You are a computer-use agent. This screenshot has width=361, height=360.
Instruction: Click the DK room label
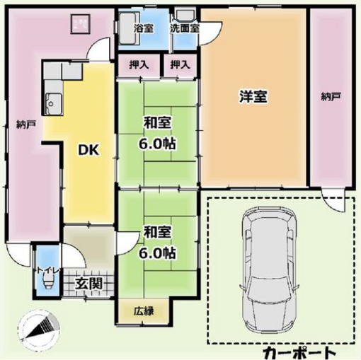coord(89,149)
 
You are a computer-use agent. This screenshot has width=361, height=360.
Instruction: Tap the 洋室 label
coord(253,96)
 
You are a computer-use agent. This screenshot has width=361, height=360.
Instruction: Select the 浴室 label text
coord(144,28)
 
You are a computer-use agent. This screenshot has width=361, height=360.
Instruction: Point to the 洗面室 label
coord(185,28)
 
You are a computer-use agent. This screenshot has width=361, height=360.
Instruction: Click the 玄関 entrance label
coord(88,283)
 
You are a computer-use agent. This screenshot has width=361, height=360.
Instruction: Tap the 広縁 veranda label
coord(144,311)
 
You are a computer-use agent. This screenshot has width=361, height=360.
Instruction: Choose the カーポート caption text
coord(299,353)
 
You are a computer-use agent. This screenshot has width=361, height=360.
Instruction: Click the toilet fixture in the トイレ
coord(48,281)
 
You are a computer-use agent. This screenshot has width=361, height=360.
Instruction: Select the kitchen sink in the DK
coord(54,103)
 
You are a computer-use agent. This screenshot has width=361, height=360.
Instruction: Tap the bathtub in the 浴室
coord(127,28)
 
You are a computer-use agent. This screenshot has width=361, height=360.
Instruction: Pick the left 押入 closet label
coord(139,64)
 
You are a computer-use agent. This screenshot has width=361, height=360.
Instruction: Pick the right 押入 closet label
coord(180,64)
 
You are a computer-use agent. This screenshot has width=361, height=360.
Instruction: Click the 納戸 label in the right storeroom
coord(331,96)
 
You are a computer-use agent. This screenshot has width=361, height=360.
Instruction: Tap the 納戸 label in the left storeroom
coord(26,124)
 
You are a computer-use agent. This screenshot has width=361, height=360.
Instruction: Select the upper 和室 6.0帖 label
coord(157,133)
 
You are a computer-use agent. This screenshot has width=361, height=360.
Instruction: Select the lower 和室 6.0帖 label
coord(157,242)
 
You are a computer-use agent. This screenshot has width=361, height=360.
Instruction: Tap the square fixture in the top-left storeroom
coord(81,24)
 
